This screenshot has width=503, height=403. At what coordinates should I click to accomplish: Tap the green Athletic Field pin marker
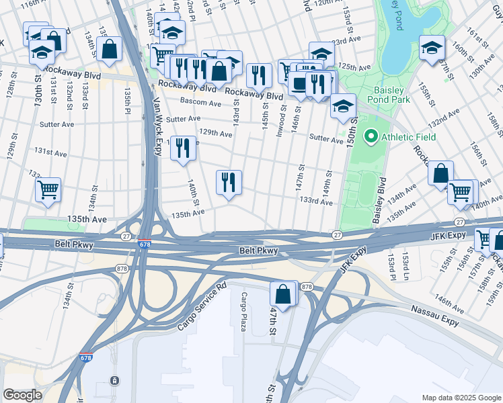pyautogui.click(x=370, y=138)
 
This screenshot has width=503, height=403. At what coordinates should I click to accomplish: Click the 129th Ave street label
pyautogui.click(x=217, y=134)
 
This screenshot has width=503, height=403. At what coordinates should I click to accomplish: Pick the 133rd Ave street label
pyautogui.click(x=316, y=200)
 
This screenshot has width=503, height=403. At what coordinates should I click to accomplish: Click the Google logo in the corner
pyautogui.click(x=23, y=395)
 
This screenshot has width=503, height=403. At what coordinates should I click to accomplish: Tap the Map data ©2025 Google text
pyautogui.click(x=461, y=398)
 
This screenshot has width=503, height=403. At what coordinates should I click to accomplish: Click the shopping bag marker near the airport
pyautogui.click(x=284, y=294)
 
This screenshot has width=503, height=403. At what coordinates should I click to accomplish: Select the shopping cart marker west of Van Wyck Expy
pyautogui.click(x=48, y=190)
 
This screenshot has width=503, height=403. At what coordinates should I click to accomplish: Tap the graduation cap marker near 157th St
pyautogui.click(x=431, y=48)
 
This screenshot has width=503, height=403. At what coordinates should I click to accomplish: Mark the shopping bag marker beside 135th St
pyautogui.click(x=109, y=49)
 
